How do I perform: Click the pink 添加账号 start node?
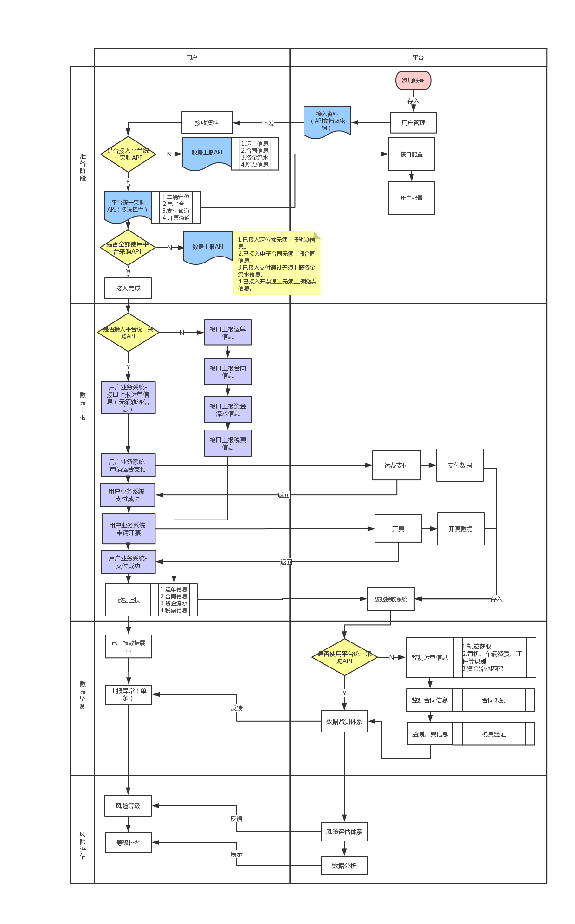coord(413,80)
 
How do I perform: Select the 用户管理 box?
coord(413,122)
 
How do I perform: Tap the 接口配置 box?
coord(411,154)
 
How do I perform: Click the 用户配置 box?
coord(411,198)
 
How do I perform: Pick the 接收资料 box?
coord(207,122)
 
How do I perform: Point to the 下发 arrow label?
coord(268,123)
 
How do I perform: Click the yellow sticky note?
coord(277,263)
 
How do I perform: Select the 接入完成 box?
coord(128,288)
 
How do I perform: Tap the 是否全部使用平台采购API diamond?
coord(128,248)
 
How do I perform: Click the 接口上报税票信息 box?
coord(227,443)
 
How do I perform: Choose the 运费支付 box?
coord(396,465)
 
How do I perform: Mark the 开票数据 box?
coord(460,529)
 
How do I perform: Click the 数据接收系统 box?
coord(391,599)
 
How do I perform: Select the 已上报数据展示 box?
coord(129,646)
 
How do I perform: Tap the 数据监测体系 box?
coord(344,721)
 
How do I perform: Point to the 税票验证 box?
coord(494,734)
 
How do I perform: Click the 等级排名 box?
coord(129,842)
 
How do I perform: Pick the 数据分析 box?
coord(344,866)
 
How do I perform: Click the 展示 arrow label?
coord(236,854)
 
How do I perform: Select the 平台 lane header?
coord(418,58)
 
